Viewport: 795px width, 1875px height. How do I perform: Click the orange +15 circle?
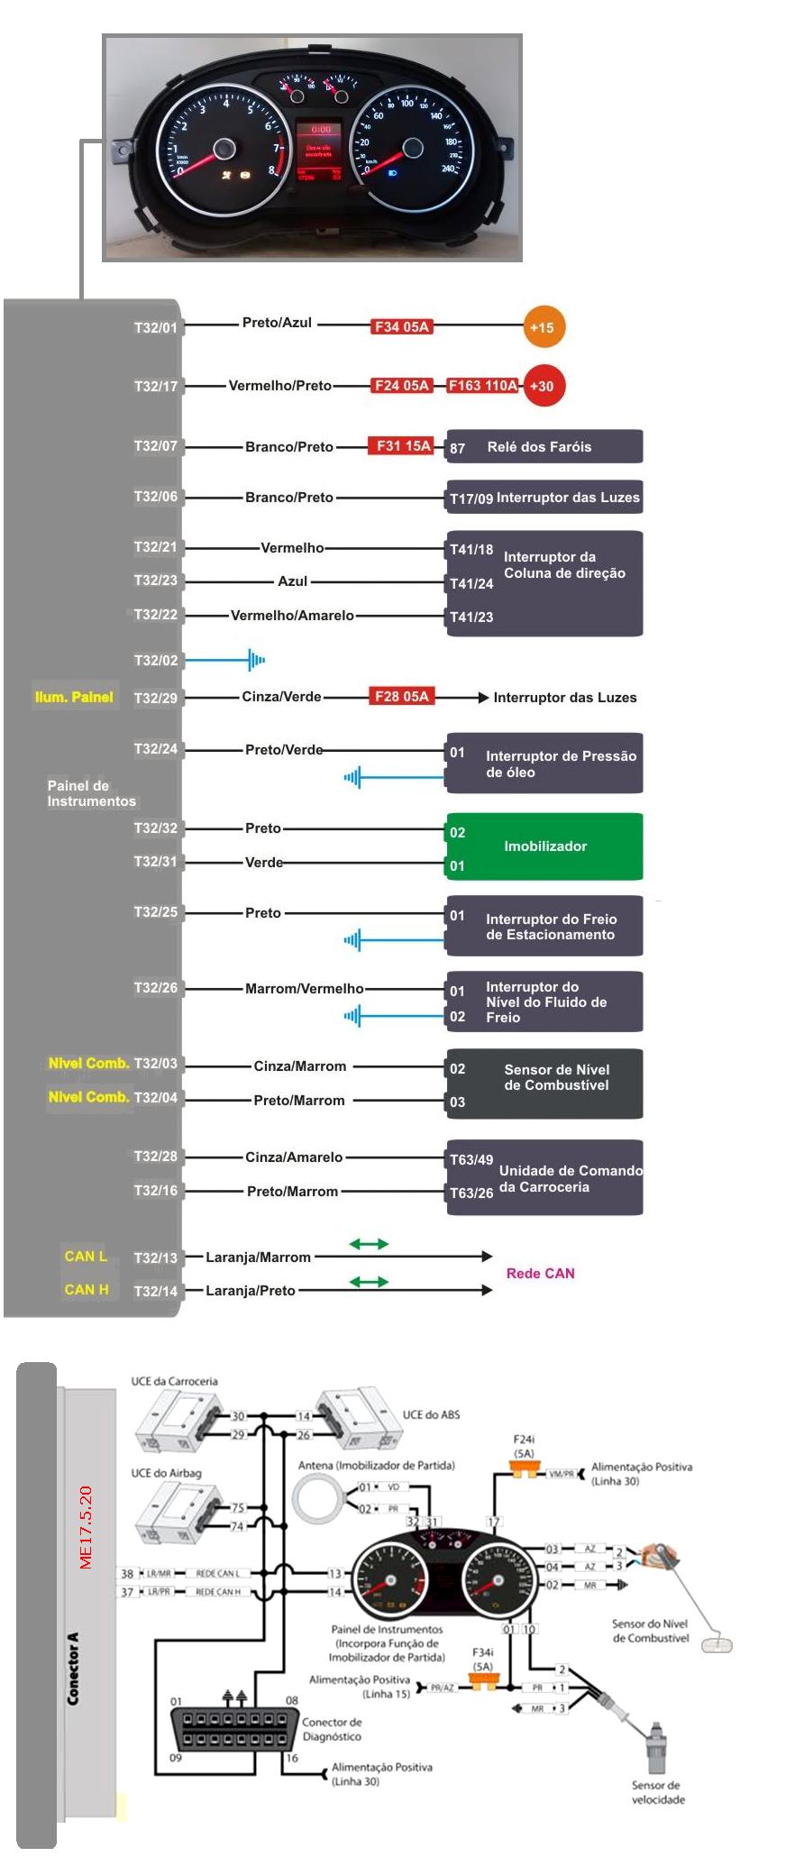pos(544,327)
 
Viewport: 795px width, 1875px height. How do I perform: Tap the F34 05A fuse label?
pos(402,327)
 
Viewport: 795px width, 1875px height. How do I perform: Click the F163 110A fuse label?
pos(483,386)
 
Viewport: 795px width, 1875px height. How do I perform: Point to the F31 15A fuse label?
pos(403,446)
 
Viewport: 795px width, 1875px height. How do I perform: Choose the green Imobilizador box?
pos(544,846)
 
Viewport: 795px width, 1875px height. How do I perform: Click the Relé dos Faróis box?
pos(544,447)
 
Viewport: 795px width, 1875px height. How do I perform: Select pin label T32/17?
pos(156,387)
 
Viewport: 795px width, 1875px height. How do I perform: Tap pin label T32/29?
pos(156,698)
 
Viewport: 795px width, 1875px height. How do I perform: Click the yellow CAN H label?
pos(87,1290)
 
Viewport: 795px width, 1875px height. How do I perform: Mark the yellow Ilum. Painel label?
pos(74,697)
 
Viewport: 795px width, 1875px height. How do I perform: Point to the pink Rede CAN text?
pos(540,1274)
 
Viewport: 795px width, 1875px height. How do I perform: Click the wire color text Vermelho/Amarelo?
pos(292,616)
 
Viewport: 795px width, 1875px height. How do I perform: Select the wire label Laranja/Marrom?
pos(258,1258)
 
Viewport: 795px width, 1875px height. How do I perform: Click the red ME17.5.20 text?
pos(87,1527)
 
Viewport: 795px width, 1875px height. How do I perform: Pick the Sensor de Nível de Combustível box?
pos(544,1084)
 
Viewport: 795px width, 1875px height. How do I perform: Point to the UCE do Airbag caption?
pos(167,1473)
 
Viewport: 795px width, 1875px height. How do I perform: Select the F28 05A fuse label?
pos(402,697)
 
